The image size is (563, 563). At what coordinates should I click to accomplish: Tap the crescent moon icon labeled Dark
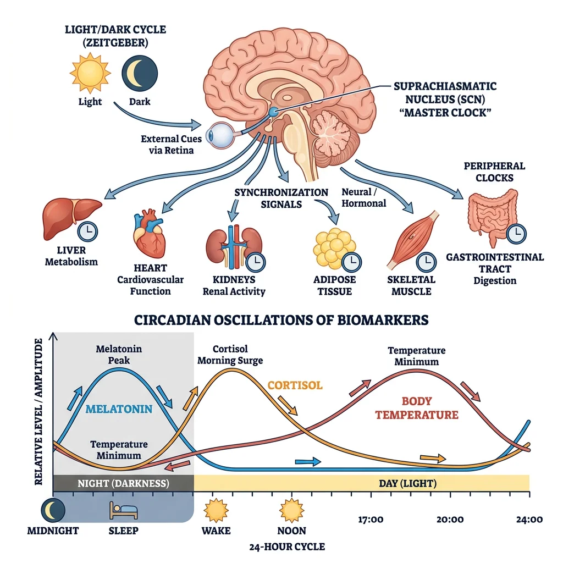139,74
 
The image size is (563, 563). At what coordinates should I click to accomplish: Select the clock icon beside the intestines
516,234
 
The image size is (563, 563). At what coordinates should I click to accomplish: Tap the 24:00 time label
528,519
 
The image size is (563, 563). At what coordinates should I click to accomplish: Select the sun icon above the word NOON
291,511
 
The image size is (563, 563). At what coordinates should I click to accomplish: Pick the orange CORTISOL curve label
295,384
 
